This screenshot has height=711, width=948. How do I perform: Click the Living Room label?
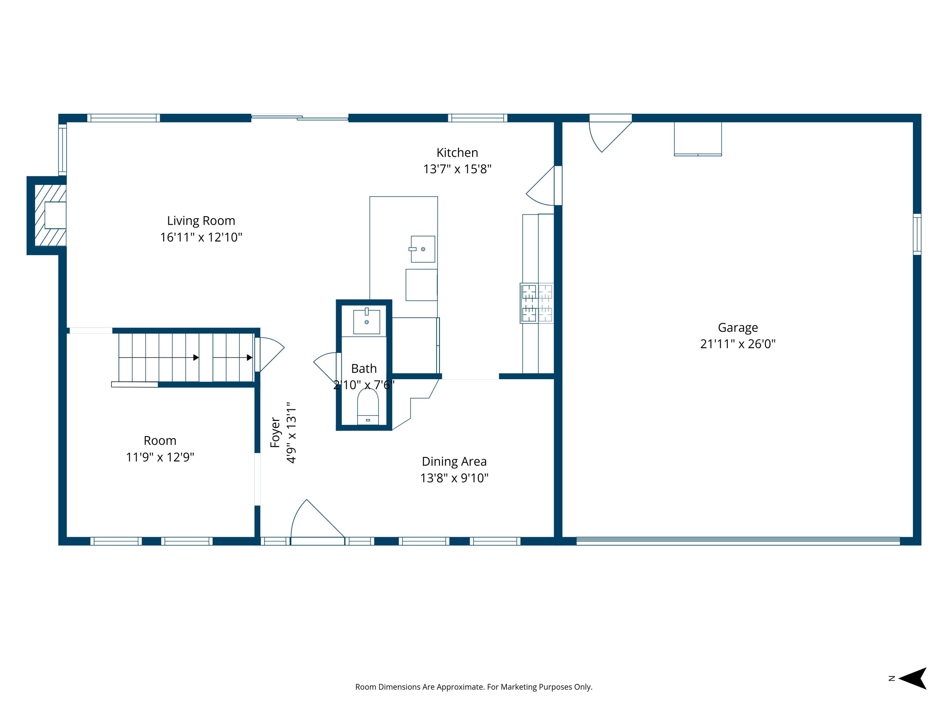tap(201, 221)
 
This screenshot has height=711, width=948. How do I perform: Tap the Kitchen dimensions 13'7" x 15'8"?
tap(457, 169)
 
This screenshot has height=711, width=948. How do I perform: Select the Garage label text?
tap(738, 327)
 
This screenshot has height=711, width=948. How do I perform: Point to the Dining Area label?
tap(454, 462)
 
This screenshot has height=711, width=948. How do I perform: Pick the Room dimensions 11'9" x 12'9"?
tap(160, 457)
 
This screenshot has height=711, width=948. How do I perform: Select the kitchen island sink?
tap(422, 249)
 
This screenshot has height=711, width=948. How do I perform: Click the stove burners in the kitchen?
tap(537, 303)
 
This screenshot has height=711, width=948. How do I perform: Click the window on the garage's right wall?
tap(917, 234)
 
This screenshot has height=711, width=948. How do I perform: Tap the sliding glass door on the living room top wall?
tap(300, 117)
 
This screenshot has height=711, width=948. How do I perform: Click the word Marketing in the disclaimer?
tap(519, 687)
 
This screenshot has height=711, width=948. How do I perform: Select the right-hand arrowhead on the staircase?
tap(249, 357)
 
